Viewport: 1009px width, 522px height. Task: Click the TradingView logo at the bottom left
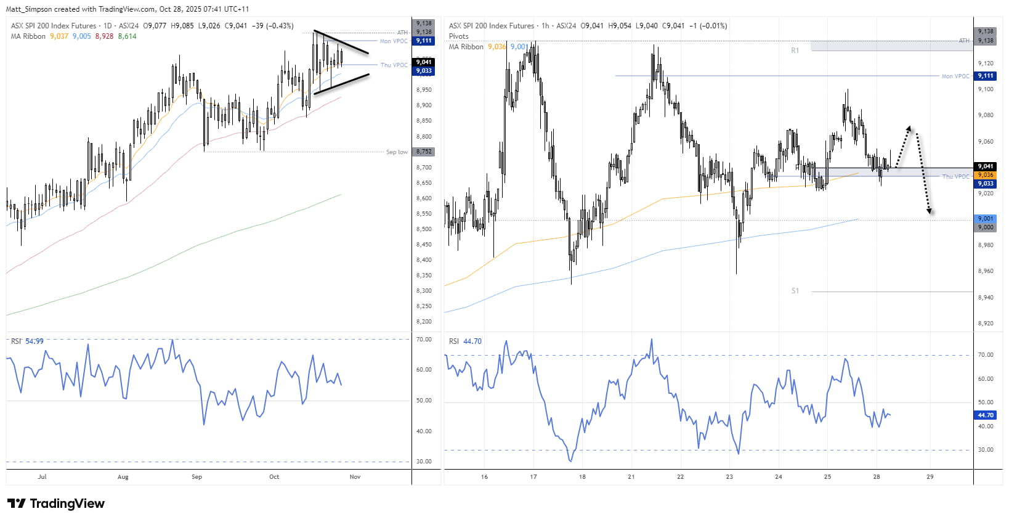[56, 504]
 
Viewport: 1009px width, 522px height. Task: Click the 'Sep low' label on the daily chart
[397, 152]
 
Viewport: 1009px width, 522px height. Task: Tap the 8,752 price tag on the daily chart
[424, 152]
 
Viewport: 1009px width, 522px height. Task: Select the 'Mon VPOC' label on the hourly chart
[955, 76]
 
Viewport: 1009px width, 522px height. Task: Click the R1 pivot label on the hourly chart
[795, 51]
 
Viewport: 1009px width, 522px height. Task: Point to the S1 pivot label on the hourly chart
[795, 291]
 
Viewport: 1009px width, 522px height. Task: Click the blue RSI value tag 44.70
[986, 415]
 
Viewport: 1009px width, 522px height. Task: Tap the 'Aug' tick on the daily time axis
[123, 477]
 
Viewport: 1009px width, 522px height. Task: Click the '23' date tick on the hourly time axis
[729, 477]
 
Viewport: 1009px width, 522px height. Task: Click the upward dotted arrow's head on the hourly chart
[909, 128]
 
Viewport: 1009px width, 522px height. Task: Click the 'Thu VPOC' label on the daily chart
[394, 65]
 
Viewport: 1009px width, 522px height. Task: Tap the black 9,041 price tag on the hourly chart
[986, 166]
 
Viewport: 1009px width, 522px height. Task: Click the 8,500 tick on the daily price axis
[424, 229]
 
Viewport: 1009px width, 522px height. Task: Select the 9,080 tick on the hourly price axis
[986, 115]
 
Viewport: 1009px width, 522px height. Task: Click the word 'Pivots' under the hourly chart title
[458, 36]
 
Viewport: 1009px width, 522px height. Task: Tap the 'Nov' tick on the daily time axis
[355, 477]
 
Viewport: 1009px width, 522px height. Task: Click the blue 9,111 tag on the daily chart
[424, 41]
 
